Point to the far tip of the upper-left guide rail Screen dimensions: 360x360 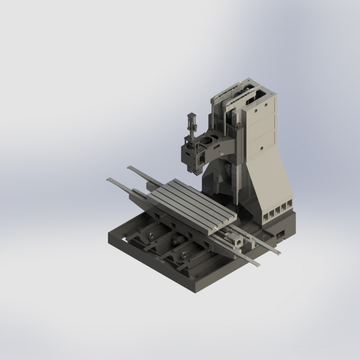point(129,167)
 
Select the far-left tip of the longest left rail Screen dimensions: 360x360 point(108,180)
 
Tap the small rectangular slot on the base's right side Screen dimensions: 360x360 point(281,234)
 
